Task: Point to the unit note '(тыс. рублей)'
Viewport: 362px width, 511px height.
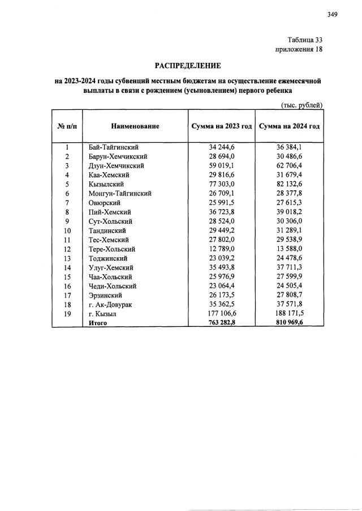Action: pyautogui.click(x=302, y=105)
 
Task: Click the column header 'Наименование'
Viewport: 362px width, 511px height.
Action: pyautogui.click(x=135, y=126)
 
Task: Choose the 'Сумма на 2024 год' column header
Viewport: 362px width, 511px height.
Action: pyautogui.click(x=290, y=126)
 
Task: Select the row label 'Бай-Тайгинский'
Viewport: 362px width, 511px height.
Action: pyautogui.click(x=114, y=147)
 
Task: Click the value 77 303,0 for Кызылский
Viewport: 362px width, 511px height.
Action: pyautogui.click(x=221, y=184)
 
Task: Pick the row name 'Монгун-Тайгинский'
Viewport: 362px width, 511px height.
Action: pyautogui.click(x=120, y=193)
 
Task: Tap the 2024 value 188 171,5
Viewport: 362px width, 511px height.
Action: pyautogui.click(x=290, y=313)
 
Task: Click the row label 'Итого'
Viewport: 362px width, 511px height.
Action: pyautogui.click(x=98, y=323)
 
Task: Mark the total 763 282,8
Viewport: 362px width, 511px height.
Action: pyautogui.click(x=221, y=323)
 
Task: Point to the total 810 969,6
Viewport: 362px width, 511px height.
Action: pyautogui.click(x=290, y=323)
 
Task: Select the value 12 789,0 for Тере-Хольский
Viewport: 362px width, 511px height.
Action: pyautogui.click(x=221, y=249)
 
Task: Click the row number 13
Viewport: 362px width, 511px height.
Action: pyautogui.click(x=67, y=258)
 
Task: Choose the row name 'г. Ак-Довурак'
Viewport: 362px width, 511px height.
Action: pyautogui.click(x=111, y=304)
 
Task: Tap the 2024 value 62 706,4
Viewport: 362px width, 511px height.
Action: pyautogui.click(x=290, y=165)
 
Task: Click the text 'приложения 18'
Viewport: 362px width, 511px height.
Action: pyautogui.click(x=299, y=50)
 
